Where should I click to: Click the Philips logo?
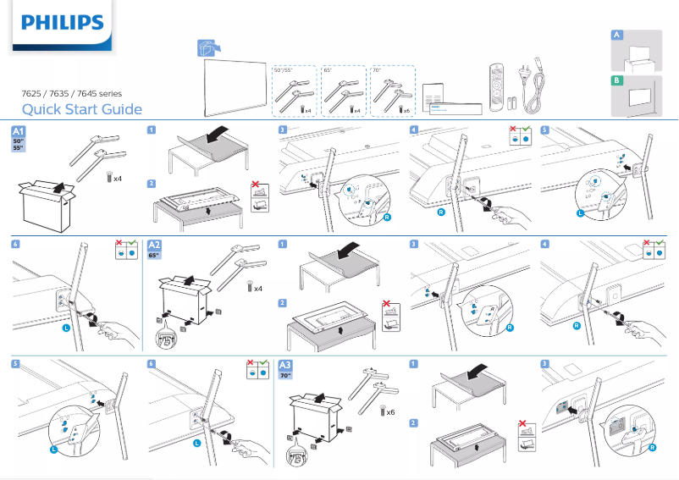[62, 23]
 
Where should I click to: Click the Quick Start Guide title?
[81, 109]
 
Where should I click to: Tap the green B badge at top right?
[617, 80]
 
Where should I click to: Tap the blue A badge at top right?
[617, 35]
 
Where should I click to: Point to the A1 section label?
[18, 132]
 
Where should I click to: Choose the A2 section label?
[156, 246]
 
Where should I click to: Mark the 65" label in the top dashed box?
[328, 71]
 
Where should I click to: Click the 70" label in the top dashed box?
[378, 71]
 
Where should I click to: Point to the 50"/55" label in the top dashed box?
[282, 71]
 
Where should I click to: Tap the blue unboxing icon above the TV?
[205, 49]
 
